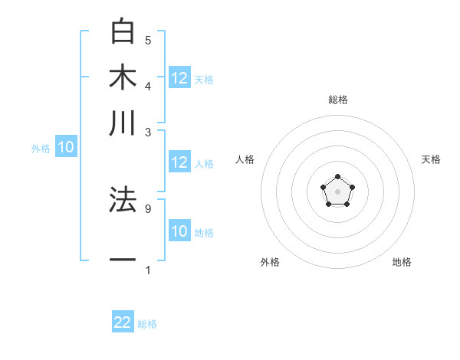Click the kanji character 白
[123, 31]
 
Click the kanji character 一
[123, 260]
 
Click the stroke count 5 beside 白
[148, 40]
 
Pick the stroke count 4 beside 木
[148, 85]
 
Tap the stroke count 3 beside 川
[148, 132]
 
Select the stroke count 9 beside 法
[148, 208]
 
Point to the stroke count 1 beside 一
[148, 270]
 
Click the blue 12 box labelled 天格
[179, 78]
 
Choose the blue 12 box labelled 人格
[179, 162]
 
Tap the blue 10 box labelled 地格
[179, 231]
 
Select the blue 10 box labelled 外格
[66, 148]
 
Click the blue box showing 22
[123, 322]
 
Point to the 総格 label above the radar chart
[337, 100]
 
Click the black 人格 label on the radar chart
[245, 159]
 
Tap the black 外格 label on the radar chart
[270, 262]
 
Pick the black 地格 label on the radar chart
[402, 262]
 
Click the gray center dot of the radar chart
[337, 190]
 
